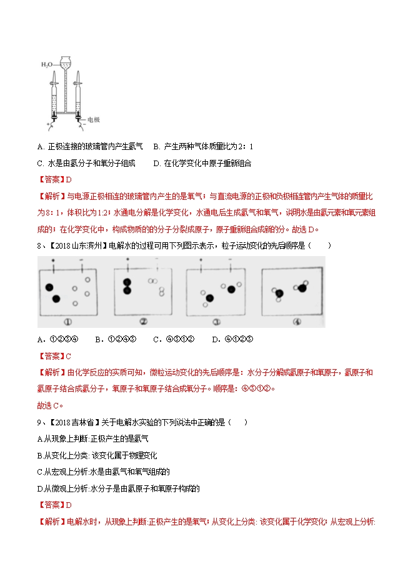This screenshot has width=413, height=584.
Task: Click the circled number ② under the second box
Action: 142,322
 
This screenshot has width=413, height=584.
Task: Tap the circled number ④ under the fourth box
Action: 297,322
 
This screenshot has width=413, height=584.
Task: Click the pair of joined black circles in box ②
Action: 127,286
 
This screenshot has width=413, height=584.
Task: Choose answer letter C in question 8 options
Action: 156,339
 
